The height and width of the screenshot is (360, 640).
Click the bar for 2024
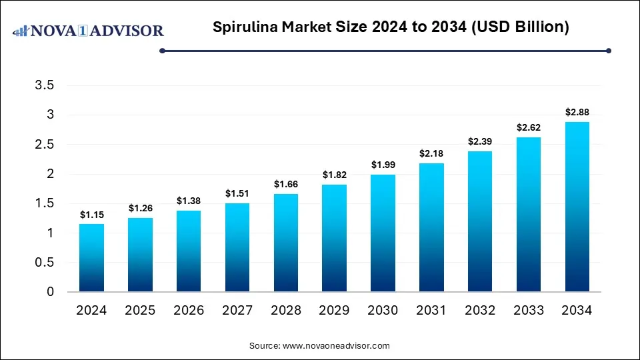click(x=91, y=258)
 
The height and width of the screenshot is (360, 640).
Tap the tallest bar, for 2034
click(x=577, y=207)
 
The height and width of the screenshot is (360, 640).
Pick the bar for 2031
click(x=431, y=227)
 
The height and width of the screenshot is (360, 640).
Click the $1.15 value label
click(x=91, y=214)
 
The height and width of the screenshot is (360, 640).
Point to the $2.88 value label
click(x=577, y=112)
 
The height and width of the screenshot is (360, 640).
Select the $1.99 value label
click(x=383, y=165)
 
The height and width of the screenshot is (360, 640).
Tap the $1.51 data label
click(x=237, y=193)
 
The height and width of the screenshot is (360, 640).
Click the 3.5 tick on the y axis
click(x=45, y=85)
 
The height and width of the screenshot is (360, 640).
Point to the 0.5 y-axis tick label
click(x=45, y=262)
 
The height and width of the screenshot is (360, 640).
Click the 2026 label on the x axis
click(x=189, y=310)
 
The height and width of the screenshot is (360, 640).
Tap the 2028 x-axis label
click(x=285, y=310)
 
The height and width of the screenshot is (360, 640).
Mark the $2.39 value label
click(x=480, y=141)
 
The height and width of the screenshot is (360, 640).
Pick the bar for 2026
click(x=189, y=251)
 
